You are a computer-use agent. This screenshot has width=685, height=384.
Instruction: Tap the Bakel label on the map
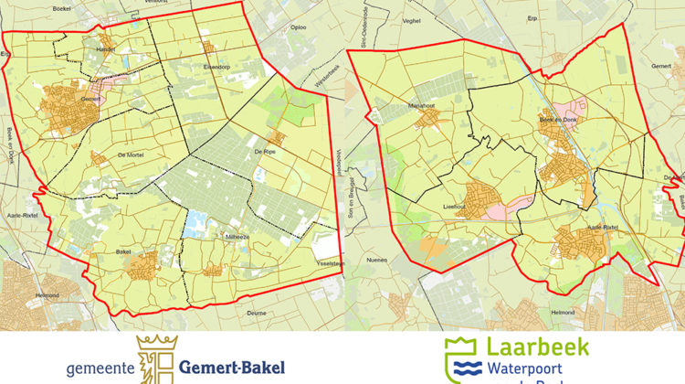pos(126,251)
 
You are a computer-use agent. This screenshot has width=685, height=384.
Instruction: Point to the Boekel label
pos(63,7)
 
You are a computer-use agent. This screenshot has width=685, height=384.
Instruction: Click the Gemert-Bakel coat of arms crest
pos(153,359)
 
